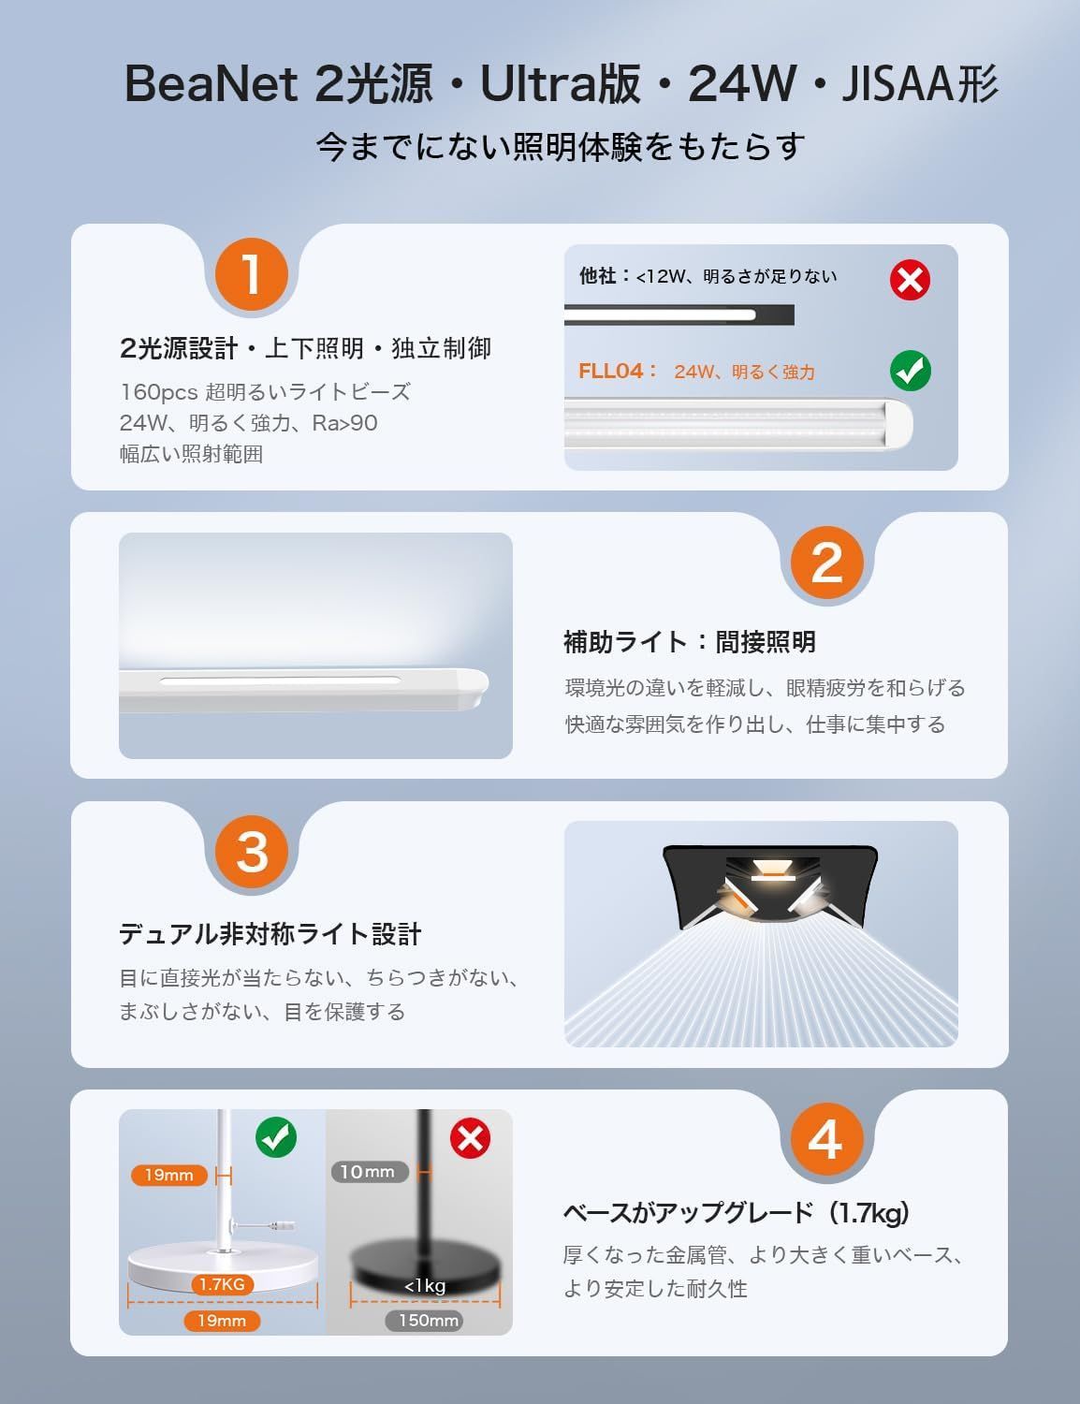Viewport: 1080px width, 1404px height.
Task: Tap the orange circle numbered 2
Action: coord(826,563)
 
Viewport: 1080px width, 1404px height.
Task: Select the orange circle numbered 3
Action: coord(251,852)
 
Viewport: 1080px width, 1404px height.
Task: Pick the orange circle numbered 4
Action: coord(825,1140)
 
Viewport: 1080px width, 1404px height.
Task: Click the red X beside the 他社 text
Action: coord(910,279)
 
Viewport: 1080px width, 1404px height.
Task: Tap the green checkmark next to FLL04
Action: coord(910,371)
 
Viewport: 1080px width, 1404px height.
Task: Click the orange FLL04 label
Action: coord(612,371)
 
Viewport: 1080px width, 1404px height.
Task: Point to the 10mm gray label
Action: coord(369,1172)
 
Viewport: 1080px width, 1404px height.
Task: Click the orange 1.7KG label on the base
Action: coord(222,1284)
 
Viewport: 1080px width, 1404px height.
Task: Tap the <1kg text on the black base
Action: coord(425,1286)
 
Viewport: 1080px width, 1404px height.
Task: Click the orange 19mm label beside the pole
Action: coord(168,1175)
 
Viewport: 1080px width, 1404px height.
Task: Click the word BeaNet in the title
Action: coord(211,85)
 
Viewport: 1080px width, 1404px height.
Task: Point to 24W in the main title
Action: coord(741,85)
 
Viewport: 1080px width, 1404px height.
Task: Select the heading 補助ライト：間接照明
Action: coord(690,642)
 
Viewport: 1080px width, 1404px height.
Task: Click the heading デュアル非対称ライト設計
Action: coord(270,934)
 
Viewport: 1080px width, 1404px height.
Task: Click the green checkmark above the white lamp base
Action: coord(276,1137)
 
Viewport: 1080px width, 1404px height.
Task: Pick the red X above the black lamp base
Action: coord(470,1138)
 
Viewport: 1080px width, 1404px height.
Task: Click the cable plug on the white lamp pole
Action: coord(282,1225)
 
